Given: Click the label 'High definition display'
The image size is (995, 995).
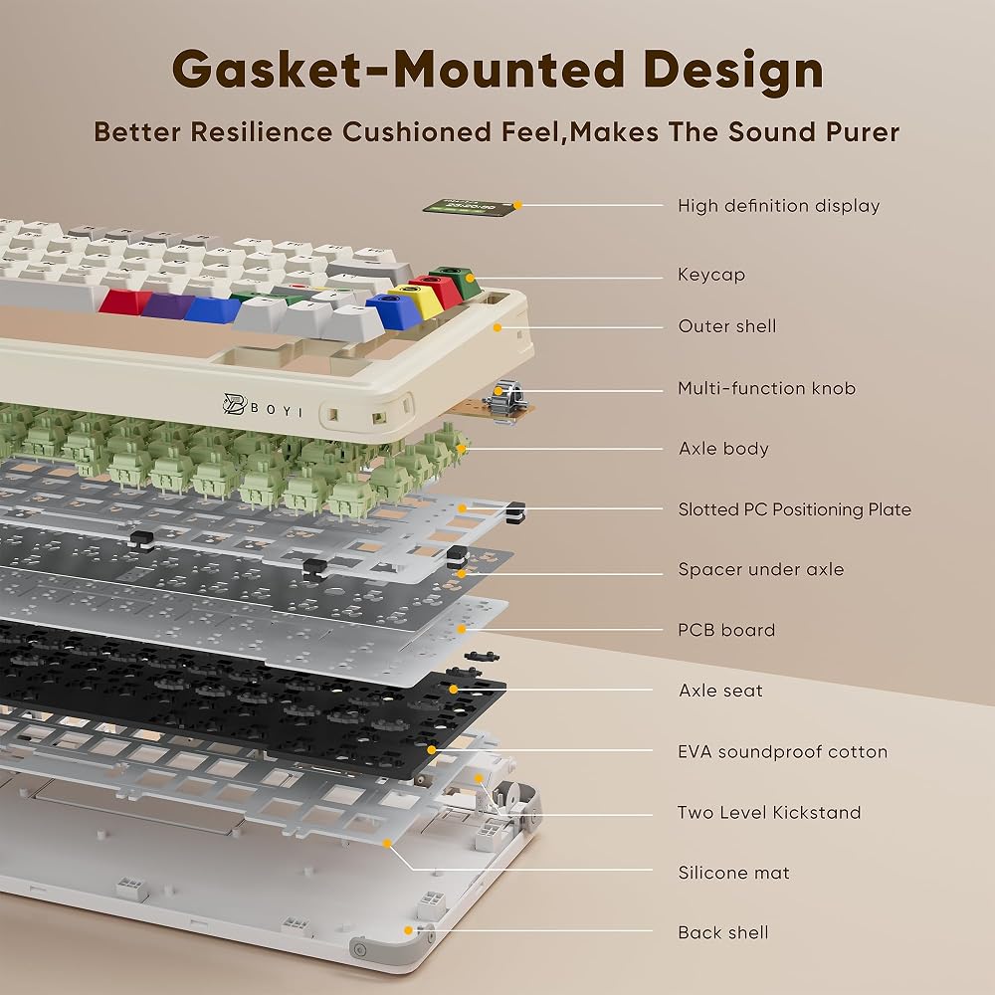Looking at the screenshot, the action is coord(779,206).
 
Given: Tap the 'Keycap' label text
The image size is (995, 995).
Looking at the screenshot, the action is coord(711,275).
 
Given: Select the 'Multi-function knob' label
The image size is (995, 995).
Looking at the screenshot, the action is coord(766,388).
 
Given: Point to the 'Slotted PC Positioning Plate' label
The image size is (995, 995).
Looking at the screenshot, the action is coord(794,508).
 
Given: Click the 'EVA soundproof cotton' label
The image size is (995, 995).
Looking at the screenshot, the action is coord(782,751).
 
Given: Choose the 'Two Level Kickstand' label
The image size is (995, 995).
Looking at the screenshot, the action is coord(769,812).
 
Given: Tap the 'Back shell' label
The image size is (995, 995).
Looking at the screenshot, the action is coord(722,932).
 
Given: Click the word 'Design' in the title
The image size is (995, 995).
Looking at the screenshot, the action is coord(733,71).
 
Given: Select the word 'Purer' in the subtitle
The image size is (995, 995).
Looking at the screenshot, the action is coord(863,132).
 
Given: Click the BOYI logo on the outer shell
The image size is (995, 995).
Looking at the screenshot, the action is coord(263,406).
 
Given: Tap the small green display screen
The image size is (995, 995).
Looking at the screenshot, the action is coord(471,208).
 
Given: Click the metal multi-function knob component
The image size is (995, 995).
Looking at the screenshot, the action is coord(502,397).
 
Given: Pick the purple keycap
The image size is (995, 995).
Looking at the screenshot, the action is coord(168,305).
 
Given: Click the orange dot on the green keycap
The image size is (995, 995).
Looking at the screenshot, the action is coord(471,278).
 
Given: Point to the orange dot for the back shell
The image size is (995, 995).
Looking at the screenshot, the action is coord(408,930).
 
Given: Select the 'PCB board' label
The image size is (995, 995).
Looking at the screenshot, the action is coord(726,630).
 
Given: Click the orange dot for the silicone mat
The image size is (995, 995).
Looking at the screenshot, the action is coord(387,844).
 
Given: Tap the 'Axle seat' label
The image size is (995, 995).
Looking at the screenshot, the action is coord(720,691).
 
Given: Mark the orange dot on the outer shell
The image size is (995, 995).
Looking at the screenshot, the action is coord(497,327).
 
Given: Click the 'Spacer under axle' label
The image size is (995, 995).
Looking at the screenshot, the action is coord(761,569).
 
